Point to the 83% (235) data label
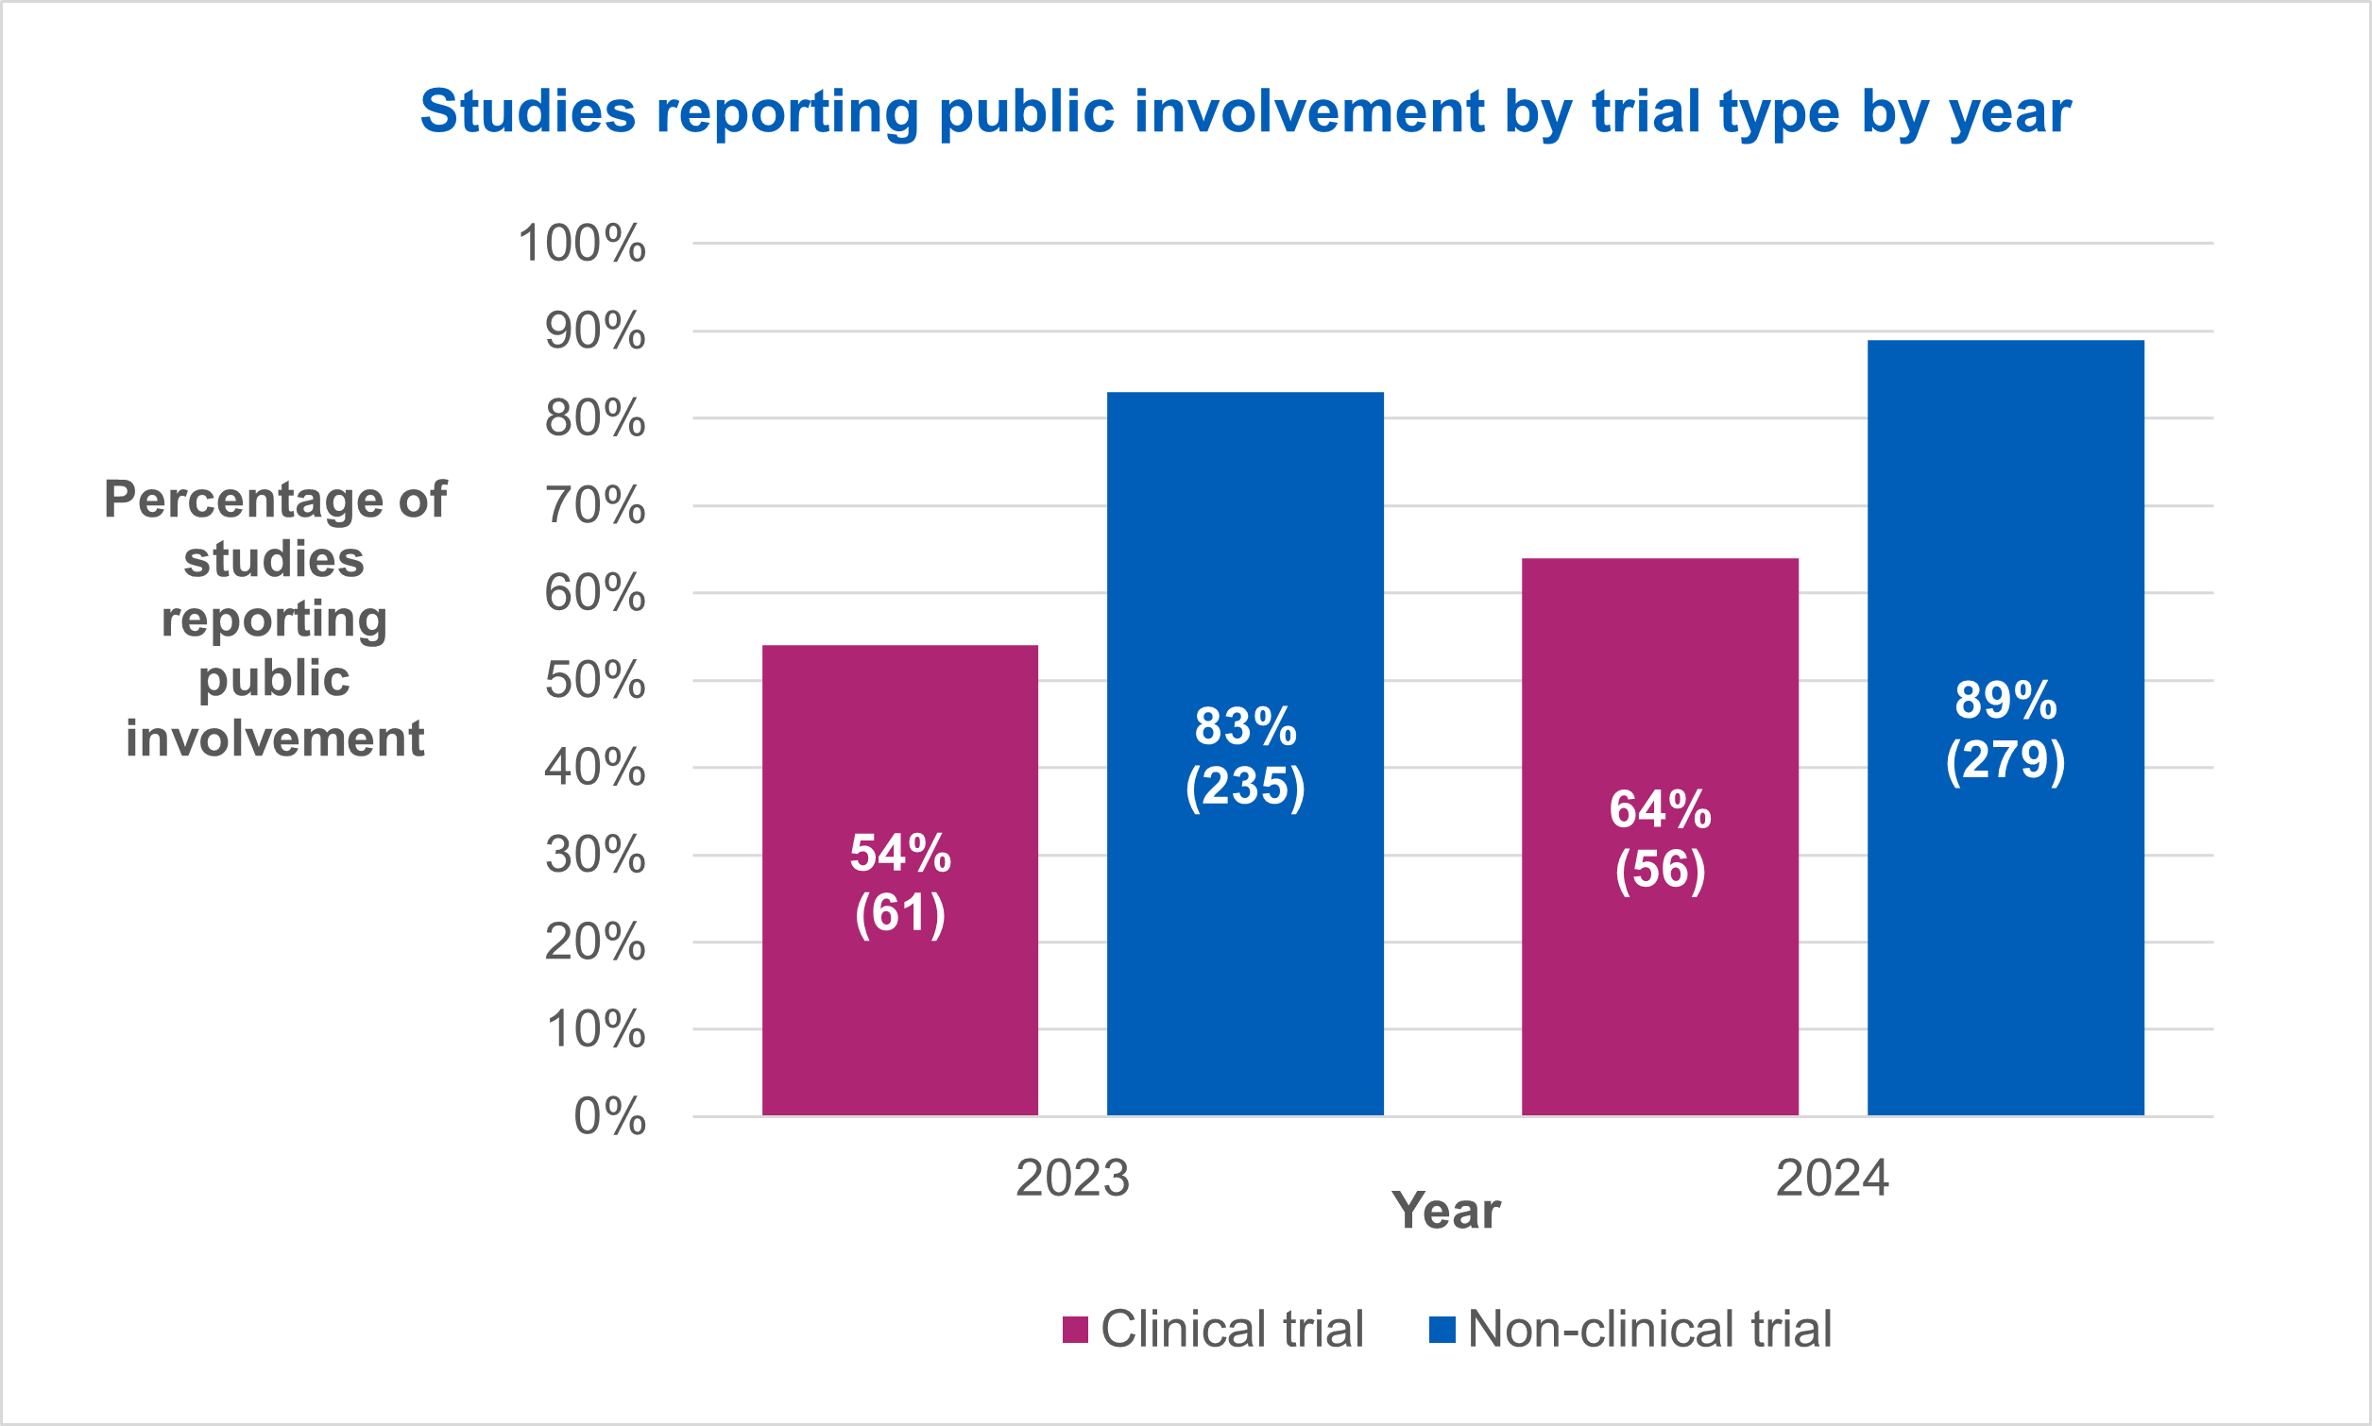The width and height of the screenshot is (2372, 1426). coord(1245,756)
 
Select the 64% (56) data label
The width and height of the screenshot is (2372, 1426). coord(1660,839)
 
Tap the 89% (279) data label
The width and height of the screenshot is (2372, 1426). coord(2005,729)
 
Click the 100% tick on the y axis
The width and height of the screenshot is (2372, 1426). coord(582,243)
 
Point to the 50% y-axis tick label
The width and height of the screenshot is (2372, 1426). coord(595,680)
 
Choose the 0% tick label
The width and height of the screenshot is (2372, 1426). coord(609,1116)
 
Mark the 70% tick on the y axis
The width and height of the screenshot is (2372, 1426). coord(595,505)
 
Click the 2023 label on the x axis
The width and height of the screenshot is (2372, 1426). coord(1071,1178)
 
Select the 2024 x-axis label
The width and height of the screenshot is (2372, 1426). coord(1832,1178)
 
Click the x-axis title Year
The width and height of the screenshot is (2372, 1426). coord(1445,1211)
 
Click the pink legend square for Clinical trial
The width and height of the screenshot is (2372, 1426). coord(1074,1330)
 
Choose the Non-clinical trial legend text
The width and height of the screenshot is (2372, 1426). coord(1649,1329)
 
